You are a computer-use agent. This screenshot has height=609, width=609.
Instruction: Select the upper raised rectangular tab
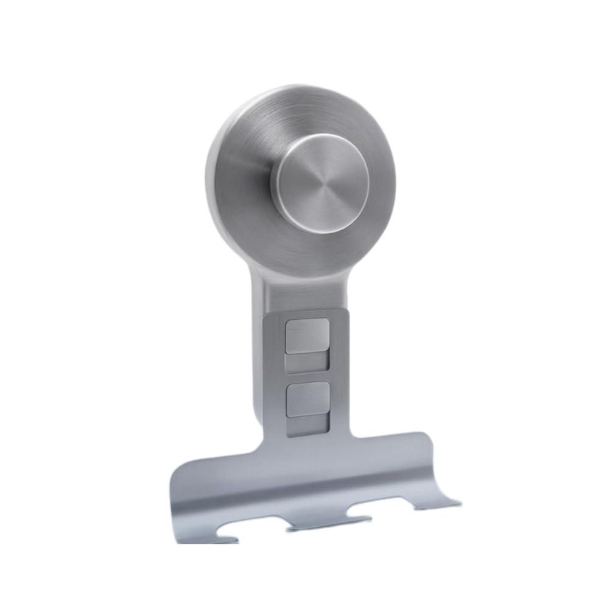[307, 336]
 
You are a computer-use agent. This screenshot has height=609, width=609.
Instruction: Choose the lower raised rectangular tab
[307, 399]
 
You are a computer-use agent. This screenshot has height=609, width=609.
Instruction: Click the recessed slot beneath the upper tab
[307, 364]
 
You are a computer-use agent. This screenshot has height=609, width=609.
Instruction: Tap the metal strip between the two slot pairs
[307, 377]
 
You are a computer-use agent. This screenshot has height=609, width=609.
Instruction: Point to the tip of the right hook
[457, 503]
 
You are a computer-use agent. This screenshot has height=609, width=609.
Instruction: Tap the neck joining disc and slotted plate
[298, 292]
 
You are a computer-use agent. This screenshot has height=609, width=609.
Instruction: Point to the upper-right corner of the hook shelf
[426, 435]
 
